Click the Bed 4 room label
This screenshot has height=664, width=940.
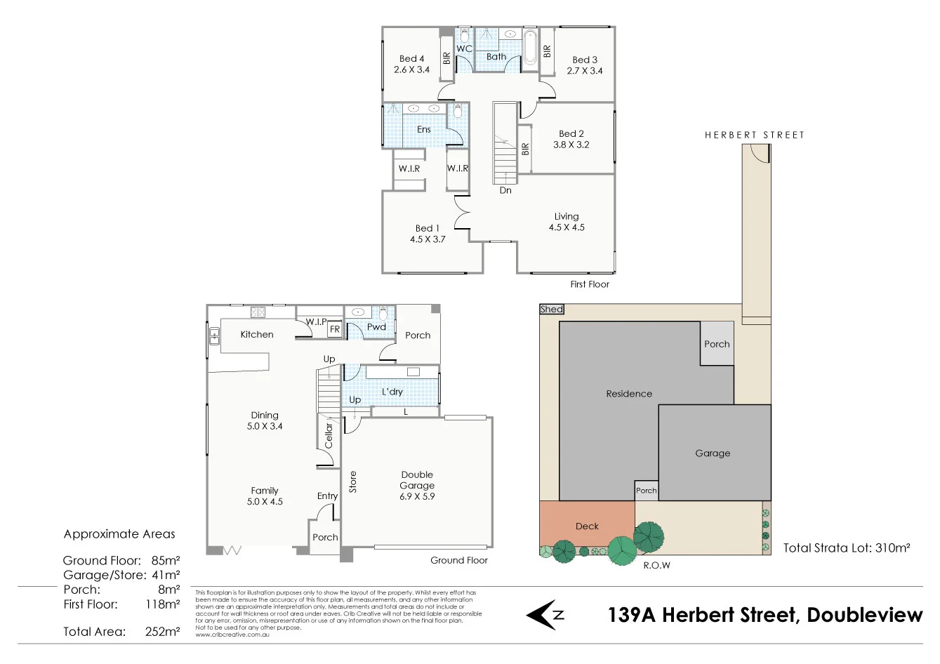pyautogui.click(x=411, y=64)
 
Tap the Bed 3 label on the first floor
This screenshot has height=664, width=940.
pyautogui.click(x=585, y=65)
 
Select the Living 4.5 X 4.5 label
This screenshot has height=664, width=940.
pyautogui.click(x=567, y=222)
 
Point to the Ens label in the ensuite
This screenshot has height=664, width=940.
pyautogui.click(x=424, y=129)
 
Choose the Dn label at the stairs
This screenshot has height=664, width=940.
pyautogui.click(x=505, y=190)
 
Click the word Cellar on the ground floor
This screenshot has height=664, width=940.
pyautogui.click(x=329, y=435)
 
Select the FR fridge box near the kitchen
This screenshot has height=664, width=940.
pyautogui.click(x=335, y=329)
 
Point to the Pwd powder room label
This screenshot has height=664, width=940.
pyautogui.click(x=376, y=326)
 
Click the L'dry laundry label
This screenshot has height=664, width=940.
pyautogui.click(x=392, y=392)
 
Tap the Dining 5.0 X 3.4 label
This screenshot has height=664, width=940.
pyautogui.click(x=265, y=420)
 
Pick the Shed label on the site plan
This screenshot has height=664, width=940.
pyautogui.click(x=552, y=309)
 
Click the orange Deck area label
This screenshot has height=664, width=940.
pyautogui.click(x=587, y=526)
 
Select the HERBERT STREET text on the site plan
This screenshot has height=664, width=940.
pyautogui.click(x=754, y=135)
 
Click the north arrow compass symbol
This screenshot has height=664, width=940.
pyautogui.click(x=544, y=615)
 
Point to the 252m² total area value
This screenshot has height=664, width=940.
pyautogui.click(x=162, y=631)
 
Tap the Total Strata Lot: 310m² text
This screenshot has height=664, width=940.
pyautogui.click(x=847, y=548)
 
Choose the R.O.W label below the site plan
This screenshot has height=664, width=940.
pyautogui.click(x=656, y=565)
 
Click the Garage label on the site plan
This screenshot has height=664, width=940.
pyautogui.click(x=713, y=453)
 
